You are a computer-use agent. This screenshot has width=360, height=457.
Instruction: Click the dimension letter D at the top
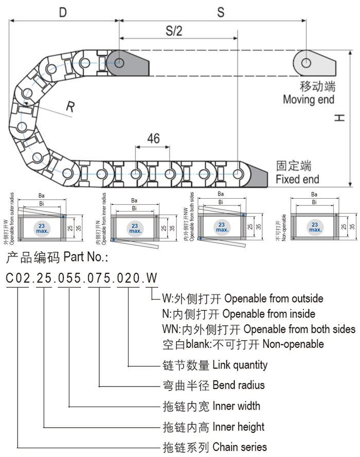(x=63, y=12)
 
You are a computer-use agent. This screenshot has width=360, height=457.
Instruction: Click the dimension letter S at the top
(x=221, y=12)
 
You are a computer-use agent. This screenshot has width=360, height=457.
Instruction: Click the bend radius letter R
(x=70, y=107)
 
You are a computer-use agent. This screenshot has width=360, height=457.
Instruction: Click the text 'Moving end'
(x=308, y=99)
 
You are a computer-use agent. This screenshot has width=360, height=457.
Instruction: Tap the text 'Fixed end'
(x=297, y=179)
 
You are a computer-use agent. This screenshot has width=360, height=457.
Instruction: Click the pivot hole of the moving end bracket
(x=306, y=63)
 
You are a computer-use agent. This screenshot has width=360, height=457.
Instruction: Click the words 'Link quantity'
(x=240, y=365)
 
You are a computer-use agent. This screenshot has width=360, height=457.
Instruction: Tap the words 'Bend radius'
(x=238, y=385)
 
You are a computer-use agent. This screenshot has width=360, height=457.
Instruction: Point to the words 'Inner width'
(x=236, y=406)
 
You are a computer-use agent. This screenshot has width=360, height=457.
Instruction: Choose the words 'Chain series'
(x=239, y=447)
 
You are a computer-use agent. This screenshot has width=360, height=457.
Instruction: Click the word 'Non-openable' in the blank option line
(x=293, y=344)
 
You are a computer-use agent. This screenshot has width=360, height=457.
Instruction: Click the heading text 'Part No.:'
(x=86, y=256)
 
